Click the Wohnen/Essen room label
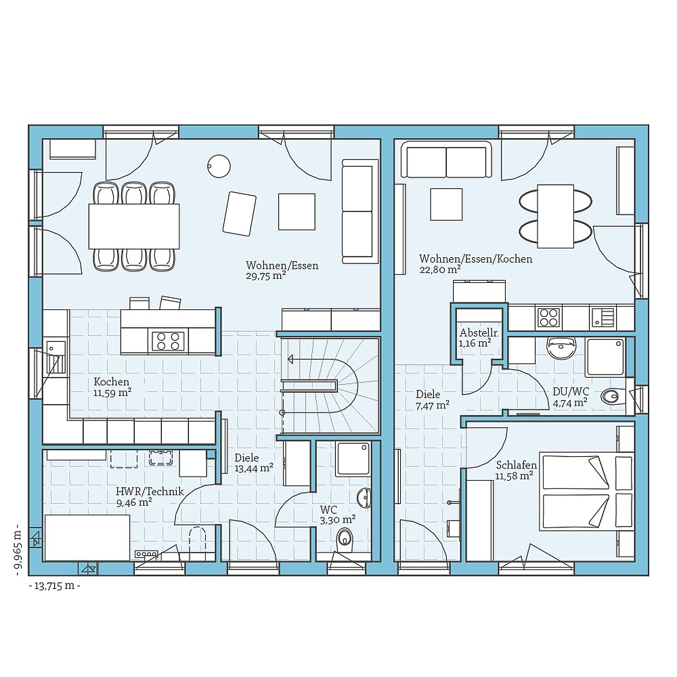point(282,265)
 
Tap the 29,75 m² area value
point(265,276)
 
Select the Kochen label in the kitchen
point(112,382)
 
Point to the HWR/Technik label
point(150,492)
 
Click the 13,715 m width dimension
point(54,586)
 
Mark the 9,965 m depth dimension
point(18,550)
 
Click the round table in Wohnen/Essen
point(219,166)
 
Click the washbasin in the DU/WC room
point(561,347)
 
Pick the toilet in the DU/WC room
point(611,396)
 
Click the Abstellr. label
point(479,333)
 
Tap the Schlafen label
point(517,465)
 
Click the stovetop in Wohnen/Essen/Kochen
point(548,318)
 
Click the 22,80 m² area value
point(439,269)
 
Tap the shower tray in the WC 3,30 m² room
point(353,458)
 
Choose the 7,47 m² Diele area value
point(433,405)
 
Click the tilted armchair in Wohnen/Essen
point(240,214)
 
